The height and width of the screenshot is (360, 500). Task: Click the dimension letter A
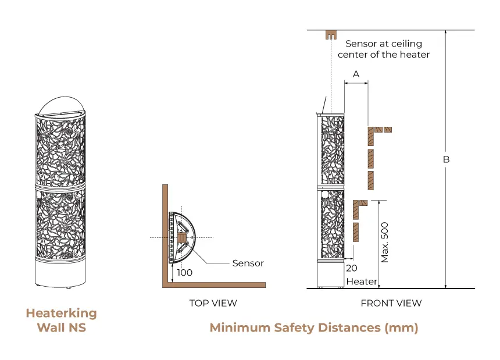[356, 74]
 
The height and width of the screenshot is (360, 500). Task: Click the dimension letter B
[447, 159]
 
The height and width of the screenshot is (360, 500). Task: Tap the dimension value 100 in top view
[185, 272]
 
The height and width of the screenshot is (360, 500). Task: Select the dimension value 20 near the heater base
[351, 268]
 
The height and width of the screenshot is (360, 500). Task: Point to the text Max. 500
[384, 242]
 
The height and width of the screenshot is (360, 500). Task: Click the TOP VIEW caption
[213, 303]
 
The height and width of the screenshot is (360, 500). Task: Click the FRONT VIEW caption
[391, 303]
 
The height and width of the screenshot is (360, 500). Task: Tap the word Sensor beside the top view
[248, 263]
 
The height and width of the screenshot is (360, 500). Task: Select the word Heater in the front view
[361, 281]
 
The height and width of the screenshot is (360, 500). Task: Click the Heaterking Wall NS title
[61, 320]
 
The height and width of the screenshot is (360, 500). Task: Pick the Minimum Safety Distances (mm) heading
[313, 327]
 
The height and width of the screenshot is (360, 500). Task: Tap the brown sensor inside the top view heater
[181, 238]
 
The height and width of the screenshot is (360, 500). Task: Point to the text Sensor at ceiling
[383, 44]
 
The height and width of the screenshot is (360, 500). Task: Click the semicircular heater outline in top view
[194, 238]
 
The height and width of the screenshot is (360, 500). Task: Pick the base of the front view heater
[330, 276]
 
